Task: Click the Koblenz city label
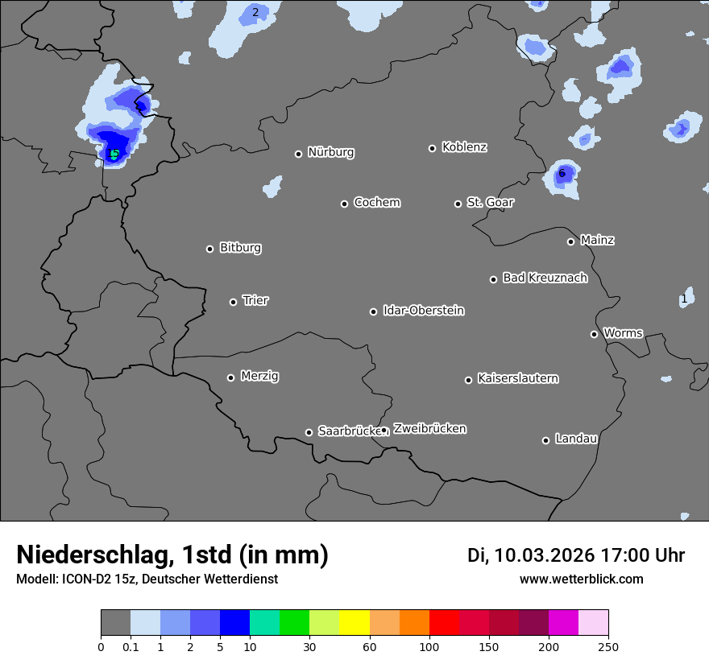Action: pyautogui.click(x=464, y=147)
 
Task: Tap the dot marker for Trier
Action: pyautogui.click(x=234, y=302)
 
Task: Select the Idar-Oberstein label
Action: pyautogui.click(x=424, y=311)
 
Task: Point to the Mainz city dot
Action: pyautogui.click(x=570, y=241)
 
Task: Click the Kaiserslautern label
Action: pyautogui.click(x=518, y=378)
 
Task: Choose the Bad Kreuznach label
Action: pyautogui.click(x=545, y=278)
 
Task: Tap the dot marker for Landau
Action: pyautogui.click(x=545, y=440)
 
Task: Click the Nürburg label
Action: pyautogui.click(x=331, y=152)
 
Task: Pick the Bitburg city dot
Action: pyautogui.click(x=209, y=249)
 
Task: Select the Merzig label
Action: pyautogui.click(x=259, y=376)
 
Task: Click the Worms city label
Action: pyautogui.click(x=623, y=332)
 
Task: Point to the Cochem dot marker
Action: pyautogui.click(x=344, y=204)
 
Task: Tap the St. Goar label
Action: pyautogui.click(x=491, y=202)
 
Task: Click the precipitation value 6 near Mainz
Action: pyautogui.click(x=562, y=173)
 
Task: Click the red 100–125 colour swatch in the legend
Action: pyautogui.click(x=444, y=623)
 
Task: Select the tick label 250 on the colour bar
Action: pyautogui.click(x=608, y=645)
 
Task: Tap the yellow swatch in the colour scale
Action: pyautogui.click(x=354, y=623)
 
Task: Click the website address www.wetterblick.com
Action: pyautogui.click(x=581, y=579)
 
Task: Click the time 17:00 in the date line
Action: pyautogui.click(x=616, y=555)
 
